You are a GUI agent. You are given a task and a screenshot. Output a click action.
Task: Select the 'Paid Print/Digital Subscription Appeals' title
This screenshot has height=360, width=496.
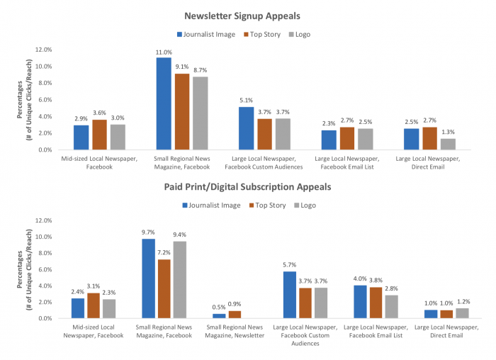tap(247, 188)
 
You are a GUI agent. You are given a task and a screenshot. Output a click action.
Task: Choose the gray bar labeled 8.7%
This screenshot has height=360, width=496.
tap(200, 113)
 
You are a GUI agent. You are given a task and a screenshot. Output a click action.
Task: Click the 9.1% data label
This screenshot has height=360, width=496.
tap(181, 68)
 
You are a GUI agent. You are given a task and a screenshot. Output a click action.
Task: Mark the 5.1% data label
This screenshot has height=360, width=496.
tap(246, 101)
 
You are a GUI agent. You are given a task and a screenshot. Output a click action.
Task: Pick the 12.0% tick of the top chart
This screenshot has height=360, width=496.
tap(42, 50)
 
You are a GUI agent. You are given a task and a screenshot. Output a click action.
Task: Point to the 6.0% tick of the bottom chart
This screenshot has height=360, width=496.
tap(43, 269)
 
